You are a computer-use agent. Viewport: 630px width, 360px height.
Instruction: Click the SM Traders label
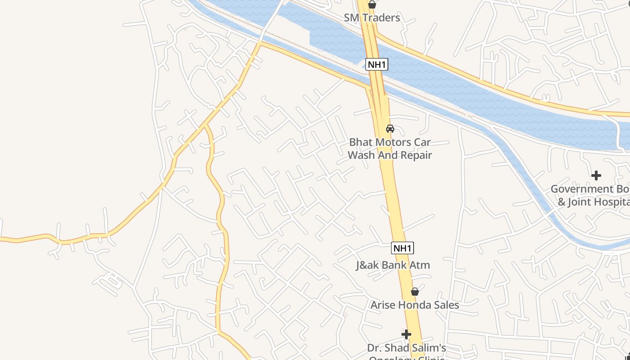[372, 18]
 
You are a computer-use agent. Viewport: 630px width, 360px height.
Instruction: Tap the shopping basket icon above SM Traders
[372, 4]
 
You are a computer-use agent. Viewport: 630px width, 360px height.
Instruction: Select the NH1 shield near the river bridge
[376, 64]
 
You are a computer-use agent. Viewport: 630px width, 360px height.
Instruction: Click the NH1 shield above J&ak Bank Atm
[402, 248]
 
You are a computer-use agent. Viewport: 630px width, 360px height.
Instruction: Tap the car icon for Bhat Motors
[390, 129]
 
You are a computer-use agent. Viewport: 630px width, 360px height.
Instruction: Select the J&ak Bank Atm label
[393, 265]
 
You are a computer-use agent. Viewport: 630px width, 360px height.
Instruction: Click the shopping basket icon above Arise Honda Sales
[415, 292]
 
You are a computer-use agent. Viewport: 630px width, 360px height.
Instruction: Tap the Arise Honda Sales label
[414, 305]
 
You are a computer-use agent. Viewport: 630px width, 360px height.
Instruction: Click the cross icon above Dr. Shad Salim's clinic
[406, 334]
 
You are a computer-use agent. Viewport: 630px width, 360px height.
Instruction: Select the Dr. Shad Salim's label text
[406, 348]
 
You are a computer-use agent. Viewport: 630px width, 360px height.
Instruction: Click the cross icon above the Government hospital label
[596, 175]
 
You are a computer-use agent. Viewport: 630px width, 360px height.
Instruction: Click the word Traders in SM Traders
[382, 18]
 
